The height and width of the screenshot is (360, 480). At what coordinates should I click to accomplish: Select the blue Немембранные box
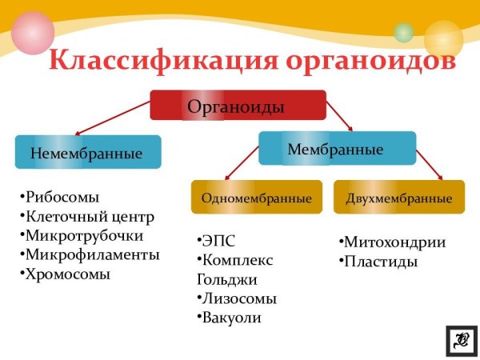click(88, 152)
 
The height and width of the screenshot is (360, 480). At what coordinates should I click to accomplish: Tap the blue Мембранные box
click(337, 148)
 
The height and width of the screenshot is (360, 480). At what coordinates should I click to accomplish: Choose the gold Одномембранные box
click(256, 198)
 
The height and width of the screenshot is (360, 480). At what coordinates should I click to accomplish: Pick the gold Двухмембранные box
click(398, 198)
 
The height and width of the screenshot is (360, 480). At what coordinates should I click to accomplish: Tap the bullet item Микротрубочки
click(82, 236)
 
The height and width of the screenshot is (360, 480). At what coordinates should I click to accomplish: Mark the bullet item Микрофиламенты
click(90, 255)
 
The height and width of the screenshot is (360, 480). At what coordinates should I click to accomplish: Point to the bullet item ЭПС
click(218, 241)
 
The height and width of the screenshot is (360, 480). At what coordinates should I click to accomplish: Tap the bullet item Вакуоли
click(230, 318)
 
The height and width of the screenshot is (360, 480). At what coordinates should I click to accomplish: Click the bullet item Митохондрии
click(392, 242)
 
